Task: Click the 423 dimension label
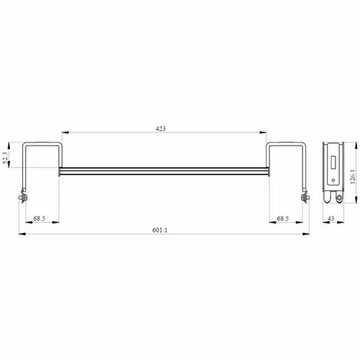point(161,128)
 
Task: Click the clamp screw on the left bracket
point(23,198)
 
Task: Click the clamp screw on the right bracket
point(307,198)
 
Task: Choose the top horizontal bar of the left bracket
point(43,143)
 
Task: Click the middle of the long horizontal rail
point(165,170)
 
